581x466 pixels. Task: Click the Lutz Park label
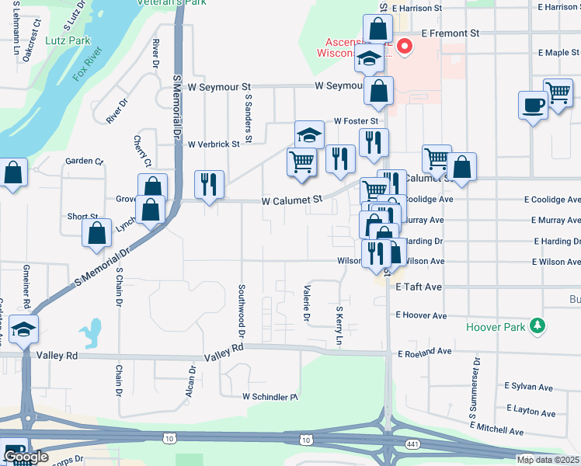pos(68,40)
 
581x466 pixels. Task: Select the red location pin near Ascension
pos(404,47)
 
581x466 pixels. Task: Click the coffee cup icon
pos(533,106)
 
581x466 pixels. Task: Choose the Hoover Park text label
pos(496,327)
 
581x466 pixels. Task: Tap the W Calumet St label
pos(291,200)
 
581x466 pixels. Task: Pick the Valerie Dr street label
pos(306,304)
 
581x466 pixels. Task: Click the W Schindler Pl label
pos(270,396)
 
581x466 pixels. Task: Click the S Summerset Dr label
pos(471,391)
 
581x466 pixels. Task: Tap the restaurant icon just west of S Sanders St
pos(208,185)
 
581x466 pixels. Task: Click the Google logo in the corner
pos(26,457)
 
